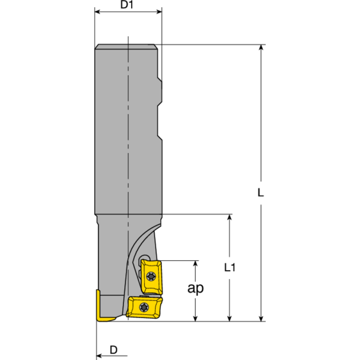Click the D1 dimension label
tap(128, 6)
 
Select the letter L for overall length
tap(261, 192)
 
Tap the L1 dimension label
tap(230, 268)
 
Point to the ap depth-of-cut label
tap(195, 288)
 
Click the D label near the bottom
tap(114, 350)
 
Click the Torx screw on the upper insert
tap(150, 275)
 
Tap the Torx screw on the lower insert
tap(143, 307)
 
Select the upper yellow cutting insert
tap(151, 275)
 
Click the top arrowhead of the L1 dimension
tap(230, 218)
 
